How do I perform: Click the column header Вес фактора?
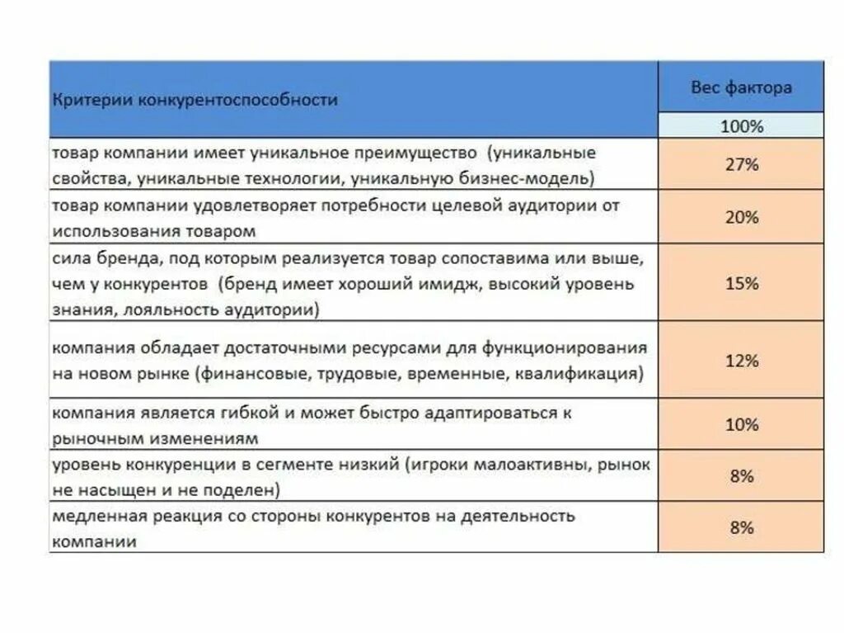(741, 87)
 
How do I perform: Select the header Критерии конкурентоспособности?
(195, 100)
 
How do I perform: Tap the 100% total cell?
(741, 126)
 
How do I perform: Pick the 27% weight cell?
(741, 164)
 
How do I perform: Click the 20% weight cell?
(741, 218)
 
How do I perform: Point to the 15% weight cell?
(741, 283)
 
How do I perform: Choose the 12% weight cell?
(741, 361)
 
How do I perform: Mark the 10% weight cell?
(741, 425)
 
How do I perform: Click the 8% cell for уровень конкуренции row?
(741, 476)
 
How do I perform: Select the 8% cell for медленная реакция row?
(741, 527)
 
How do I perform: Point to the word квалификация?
(579, 374)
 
